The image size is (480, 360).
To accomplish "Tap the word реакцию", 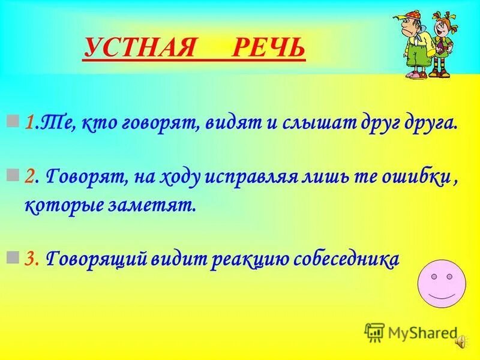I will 245,259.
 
